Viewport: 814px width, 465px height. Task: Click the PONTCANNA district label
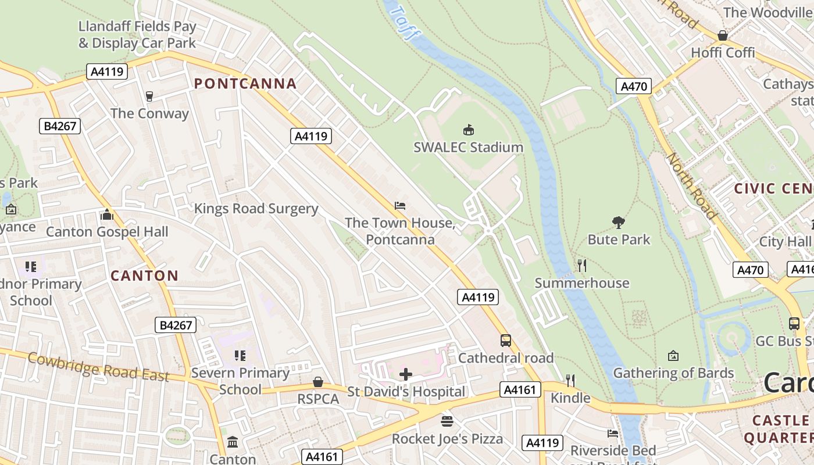tap(245, 84)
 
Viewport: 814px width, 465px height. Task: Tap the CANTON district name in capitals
tap(144, 276)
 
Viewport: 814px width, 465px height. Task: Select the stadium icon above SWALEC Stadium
tap(468, 130)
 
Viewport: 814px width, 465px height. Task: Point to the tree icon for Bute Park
tap(619, 222)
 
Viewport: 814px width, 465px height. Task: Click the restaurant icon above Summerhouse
tap(581, 266)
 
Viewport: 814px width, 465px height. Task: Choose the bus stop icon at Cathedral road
tap(506, 341)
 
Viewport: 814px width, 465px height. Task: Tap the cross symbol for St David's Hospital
tap(406, 374)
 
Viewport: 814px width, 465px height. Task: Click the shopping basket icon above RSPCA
tap(317, 382)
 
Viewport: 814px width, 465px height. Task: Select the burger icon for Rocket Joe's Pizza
tap(447, 421)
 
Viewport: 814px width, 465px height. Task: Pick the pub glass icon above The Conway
tap(149, 96)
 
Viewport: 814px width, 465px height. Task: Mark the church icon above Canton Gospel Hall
tap(106, 214)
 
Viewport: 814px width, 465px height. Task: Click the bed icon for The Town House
tap(399, 206)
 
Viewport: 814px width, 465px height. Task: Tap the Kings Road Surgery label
tap(256, 209)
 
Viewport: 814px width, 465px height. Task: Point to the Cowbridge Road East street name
tap(98, 367)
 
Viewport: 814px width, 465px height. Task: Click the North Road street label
tap(691, 185)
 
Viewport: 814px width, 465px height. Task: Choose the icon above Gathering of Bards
tap(673, 355)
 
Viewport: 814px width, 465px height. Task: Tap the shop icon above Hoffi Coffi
tap(722, 35)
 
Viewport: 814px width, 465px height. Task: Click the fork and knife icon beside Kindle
tap(570, 381)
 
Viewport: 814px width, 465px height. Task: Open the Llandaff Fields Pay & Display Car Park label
tap(137, 35)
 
